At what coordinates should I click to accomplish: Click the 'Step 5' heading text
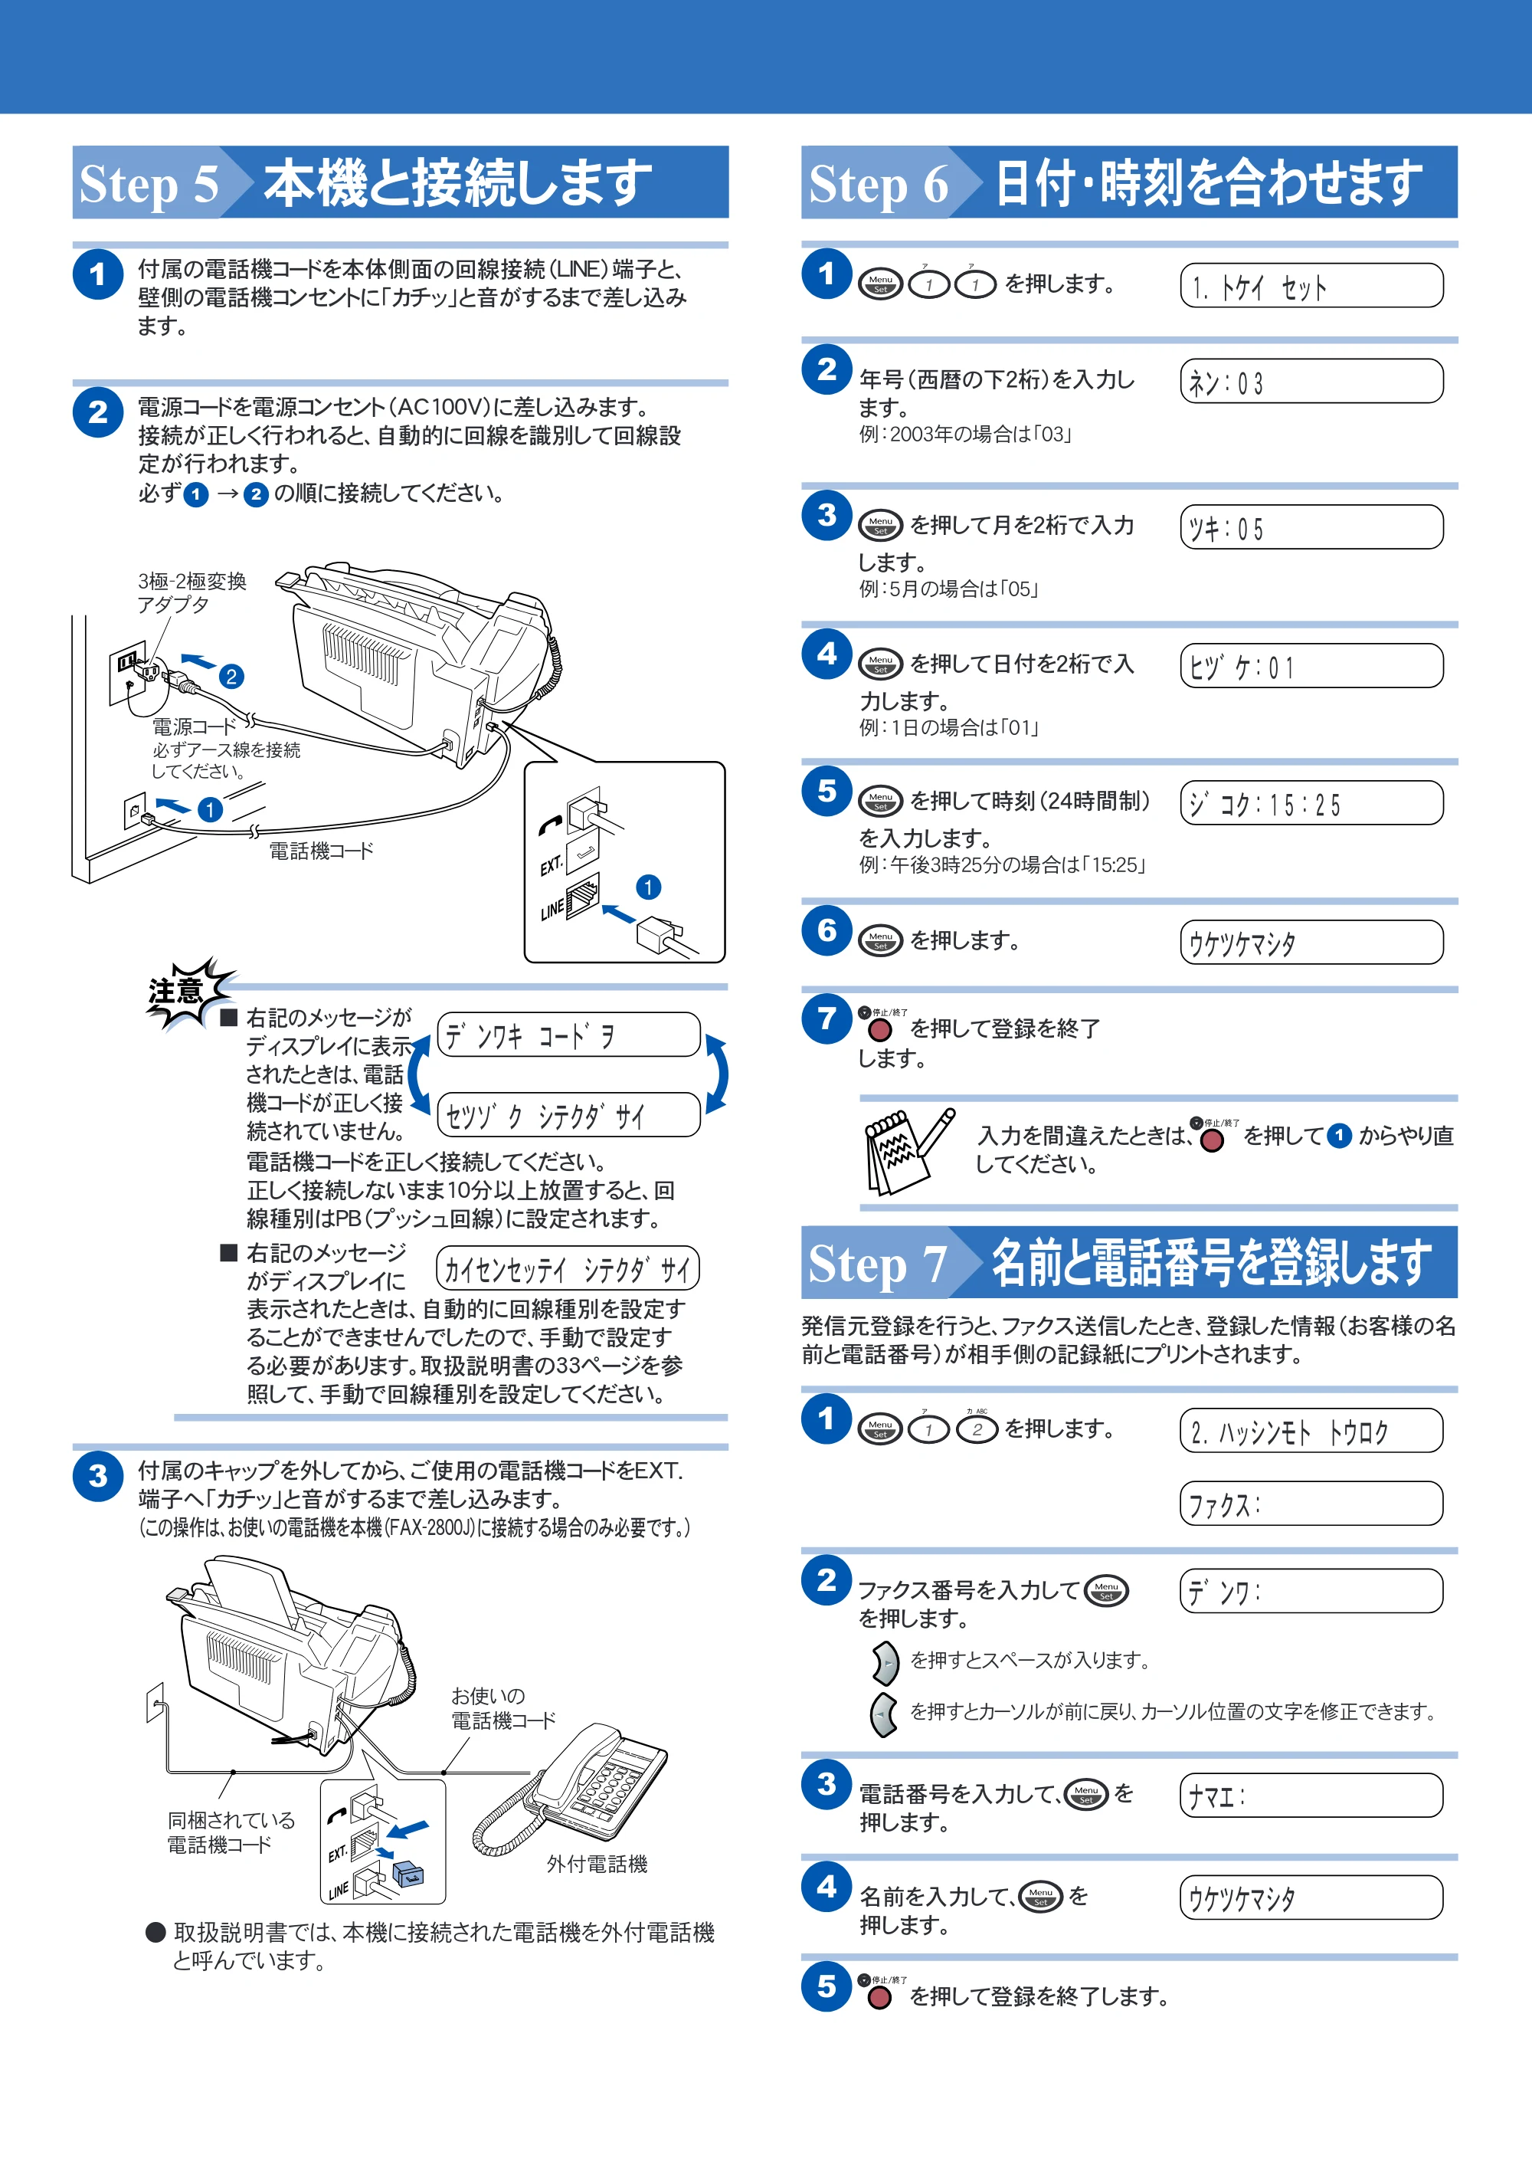coord(149,183)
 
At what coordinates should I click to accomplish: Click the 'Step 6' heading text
coord(879,183)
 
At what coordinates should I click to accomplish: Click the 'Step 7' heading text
coord(878,1264)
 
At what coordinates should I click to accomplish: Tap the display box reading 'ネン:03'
coord(1311,382)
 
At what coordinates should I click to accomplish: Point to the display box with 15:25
coord(1311,802)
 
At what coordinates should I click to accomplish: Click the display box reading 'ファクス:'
coord(1311,1504)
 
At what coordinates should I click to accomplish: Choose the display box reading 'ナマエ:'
coord(1311,1795)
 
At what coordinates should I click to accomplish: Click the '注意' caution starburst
coord(186,992)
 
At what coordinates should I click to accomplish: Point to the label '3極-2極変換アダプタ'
coord(191,592)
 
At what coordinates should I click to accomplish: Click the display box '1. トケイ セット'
coord(1311,285)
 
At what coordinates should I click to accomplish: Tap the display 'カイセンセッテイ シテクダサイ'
coord(568,1268)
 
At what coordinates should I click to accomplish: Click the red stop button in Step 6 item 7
coord(879,1029)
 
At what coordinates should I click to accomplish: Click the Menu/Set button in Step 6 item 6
coord(881,940)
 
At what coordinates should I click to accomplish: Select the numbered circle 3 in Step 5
coord(97,1476)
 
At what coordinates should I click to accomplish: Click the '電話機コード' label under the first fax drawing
coord(321,851)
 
